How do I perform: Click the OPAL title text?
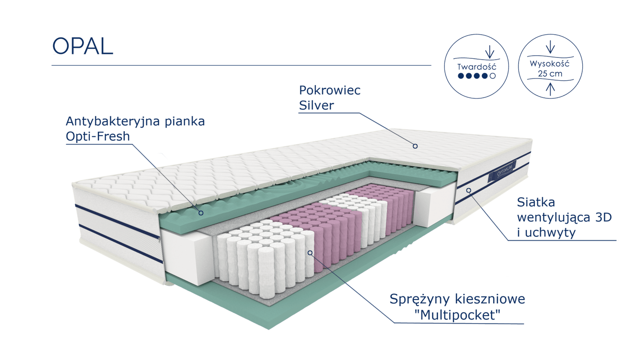click(x=82, y=46)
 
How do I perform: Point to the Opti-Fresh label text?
click(x=98, y=137)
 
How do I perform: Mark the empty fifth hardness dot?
click(x=493, y=76)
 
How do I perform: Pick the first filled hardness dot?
click(x=460, y=76)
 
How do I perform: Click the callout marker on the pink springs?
click(x=310, y=252)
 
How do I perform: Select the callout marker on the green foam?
click(x=201, y=213)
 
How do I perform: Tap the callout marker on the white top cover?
click(x=414, y=146)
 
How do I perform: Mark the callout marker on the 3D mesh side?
click(x=469, y=190)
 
